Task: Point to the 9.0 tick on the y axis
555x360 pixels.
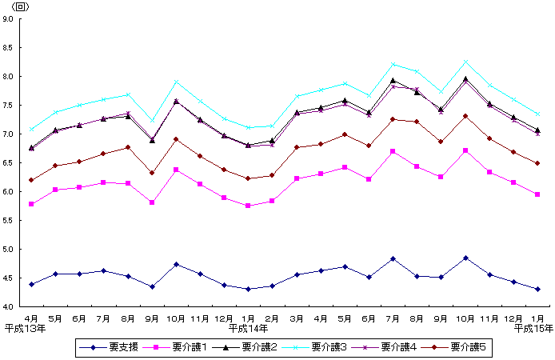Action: [x=7, y=19]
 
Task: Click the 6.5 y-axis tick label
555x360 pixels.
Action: [x=7, y=163]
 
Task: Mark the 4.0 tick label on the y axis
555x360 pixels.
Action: [x=7, y=307]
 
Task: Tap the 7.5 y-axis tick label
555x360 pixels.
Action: [x=7, y=106]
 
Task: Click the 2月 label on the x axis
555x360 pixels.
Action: [x=273, y=318]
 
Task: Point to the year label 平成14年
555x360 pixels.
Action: [x=248, y=328]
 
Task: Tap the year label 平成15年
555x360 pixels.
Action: [x=533, y=328]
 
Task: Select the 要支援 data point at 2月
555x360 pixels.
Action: [x=273, y=286]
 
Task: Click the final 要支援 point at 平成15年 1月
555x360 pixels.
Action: [x=537, y=289]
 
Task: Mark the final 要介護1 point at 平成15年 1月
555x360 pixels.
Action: [x=537, y=194]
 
